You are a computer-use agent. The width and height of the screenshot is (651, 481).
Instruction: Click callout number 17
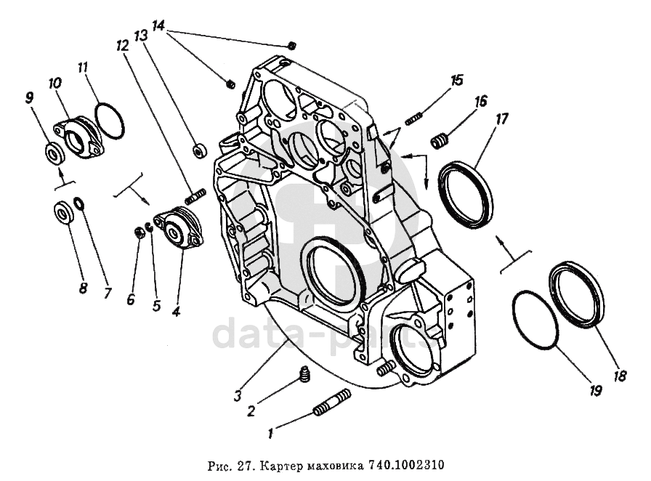[501, 119]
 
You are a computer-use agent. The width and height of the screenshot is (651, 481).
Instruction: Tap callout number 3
[237, 395]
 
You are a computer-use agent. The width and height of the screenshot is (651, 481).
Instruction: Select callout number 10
[55, 83]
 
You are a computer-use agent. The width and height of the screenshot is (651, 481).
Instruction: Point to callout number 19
[596, 390]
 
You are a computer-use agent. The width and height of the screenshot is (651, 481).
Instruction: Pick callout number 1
[270, 434]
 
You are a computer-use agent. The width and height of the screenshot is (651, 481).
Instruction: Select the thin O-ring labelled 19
[534, 320]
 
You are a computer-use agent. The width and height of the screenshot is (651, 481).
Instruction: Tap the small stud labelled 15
[414, 118]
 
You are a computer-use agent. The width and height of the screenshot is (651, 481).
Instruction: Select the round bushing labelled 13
[200, 150]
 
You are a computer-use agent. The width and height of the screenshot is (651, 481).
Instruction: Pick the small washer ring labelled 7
[79, 203]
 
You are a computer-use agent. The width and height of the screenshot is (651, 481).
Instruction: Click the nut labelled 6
[140, 234]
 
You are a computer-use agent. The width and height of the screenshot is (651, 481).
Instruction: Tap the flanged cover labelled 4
[179, 227]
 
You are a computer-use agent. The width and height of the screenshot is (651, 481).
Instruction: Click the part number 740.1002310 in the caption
[407, 465]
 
